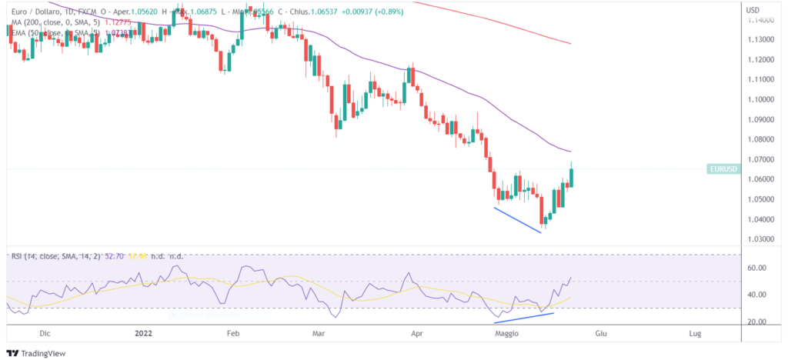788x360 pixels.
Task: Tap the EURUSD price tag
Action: [x=723, y=168]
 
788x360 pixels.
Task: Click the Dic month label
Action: [x=45, y=333]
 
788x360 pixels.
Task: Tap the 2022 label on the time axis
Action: [x=143, y=333]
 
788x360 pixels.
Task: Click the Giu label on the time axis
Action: [x=602, y=333]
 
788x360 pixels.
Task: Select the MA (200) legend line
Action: [x=54, y=22]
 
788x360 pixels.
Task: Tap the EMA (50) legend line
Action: [x=54, y=35]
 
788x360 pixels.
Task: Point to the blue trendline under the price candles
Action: [x=517, y=219]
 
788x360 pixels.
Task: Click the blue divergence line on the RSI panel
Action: [x=523, y=318]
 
